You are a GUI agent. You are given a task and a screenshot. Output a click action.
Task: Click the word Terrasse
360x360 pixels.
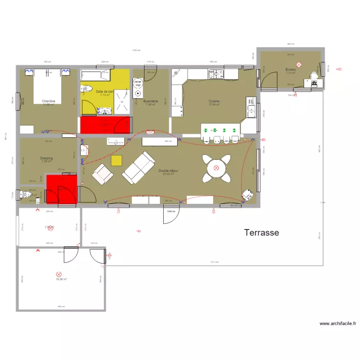262,233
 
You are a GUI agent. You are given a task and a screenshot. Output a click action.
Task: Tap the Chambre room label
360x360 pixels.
48,101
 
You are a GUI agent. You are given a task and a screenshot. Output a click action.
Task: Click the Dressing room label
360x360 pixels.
47,158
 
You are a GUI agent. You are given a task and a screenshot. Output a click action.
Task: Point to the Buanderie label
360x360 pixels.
151,101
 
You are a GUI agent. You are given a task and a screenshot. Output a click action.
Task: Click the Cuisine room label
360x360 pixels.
214,101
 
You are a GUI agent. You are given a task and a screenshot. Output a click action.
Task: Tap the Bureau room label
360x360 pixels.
290,70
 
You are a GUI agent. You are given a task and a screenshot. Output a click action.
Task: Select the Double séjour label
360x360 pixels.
168,170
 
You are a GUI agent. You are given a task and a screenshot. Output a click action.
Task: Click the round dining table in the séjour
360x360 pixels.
216,168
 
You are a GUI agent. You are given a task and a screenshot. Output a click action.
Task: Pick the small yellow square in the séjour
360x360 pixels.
117,160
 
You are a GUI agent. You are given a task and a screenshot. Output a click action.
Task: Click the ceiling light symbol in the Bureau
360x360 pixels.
299,64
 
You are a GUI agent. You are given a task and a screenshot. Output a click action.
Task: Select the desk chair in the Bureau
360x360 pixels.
314,75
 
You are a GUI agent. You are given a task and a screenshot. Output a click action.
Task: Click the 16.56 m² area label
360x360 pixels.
61,279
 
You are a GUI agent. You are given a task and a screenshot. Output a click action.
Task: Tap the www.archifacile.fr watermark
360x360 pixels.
338,324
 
